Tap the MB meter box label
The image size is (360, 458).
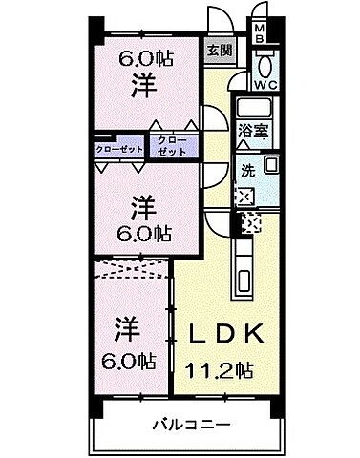click(x=259, y=34)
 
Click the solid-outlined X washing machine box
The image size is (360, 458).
click(x=245, y=198)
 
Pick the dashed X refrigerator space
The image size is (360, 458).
click(x=253, y=225)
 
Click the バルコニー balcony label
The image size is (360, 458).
click(x=187, y=423)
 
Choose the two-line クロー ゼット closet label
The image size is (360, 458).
click(x=174, y=145)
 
